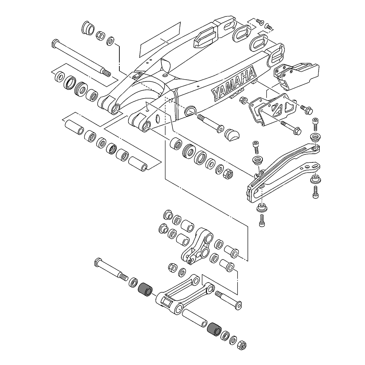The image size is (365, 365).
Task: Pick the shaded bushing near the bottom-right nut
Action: tap(214, 328)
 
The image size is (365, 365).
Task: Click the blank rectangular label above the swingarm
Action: tap(161, 39)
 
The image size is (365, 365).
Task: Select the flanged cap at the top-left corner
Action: tap(88, 28)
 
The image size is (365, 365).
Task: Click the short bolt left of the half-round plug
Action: tap(211, 123)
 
